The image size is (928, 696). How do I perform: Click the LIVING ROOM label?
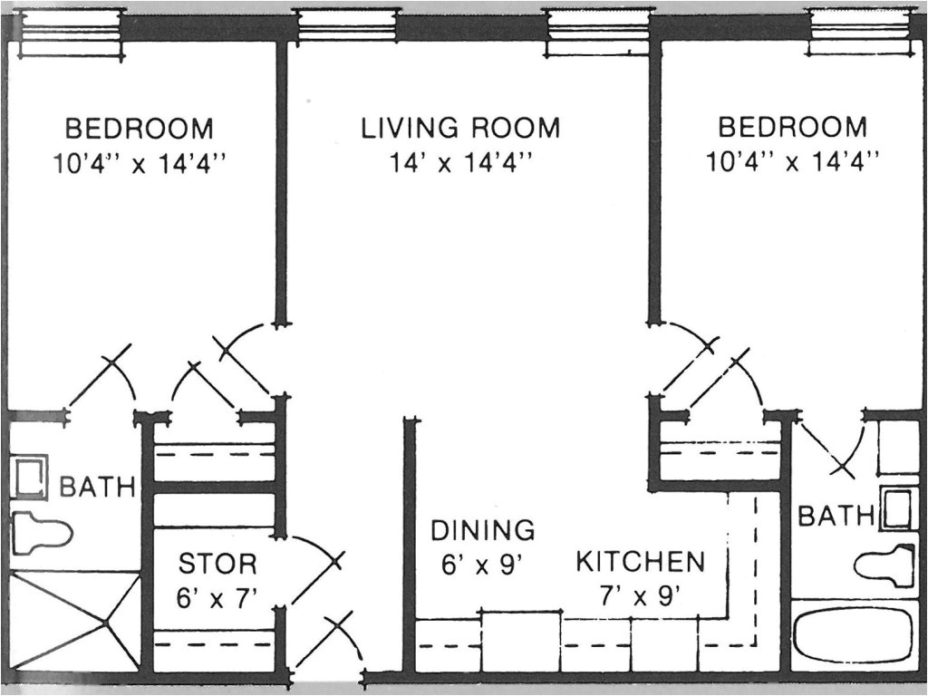pyautogui.click(x=460, y=128)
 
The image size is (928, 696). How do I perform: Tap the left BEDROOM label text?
pyautogui.click(x=139, y=128)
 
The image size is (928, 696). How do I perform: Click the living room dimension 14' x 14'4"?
pyautogui.click(x=460, y=162)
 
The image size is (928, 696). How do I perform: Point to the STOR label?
pyautogui.click(x=217, y=565)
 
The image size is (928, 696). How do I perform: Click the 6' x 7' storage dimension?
pyautogui.click(x=217, y=598)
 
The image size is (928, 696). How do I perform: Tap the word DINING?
pyautogui.click(x=482, y=530)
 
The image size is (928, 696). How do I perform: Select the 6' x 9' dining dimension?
pyautogui.click(x=483, y=565)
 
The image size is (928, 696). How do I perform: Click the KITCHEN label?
pyautogui.click(x=640, y=562)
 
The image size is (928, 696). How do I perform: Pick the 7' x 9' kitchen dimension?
pyautogui.click(x=640, y=596)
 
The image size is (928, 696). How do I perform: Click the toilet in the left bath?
pyautogui.click(x=41, y=531)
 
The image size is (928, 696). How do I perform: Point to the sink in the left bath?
pyautogui.click(x=30, y=477)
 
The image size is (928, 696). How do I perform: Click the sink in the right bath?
pyautogui.click(x=898, y=509)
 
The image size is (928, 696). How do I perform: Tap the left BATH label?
pyautogui.click(x=97, y=488)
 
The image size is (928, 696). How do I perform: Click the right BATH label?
pyautogui.click(x=835, y=517)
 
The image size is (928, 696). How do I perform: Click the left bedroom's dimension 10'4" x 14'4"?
pyautogui.click(x=139, y=163)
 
